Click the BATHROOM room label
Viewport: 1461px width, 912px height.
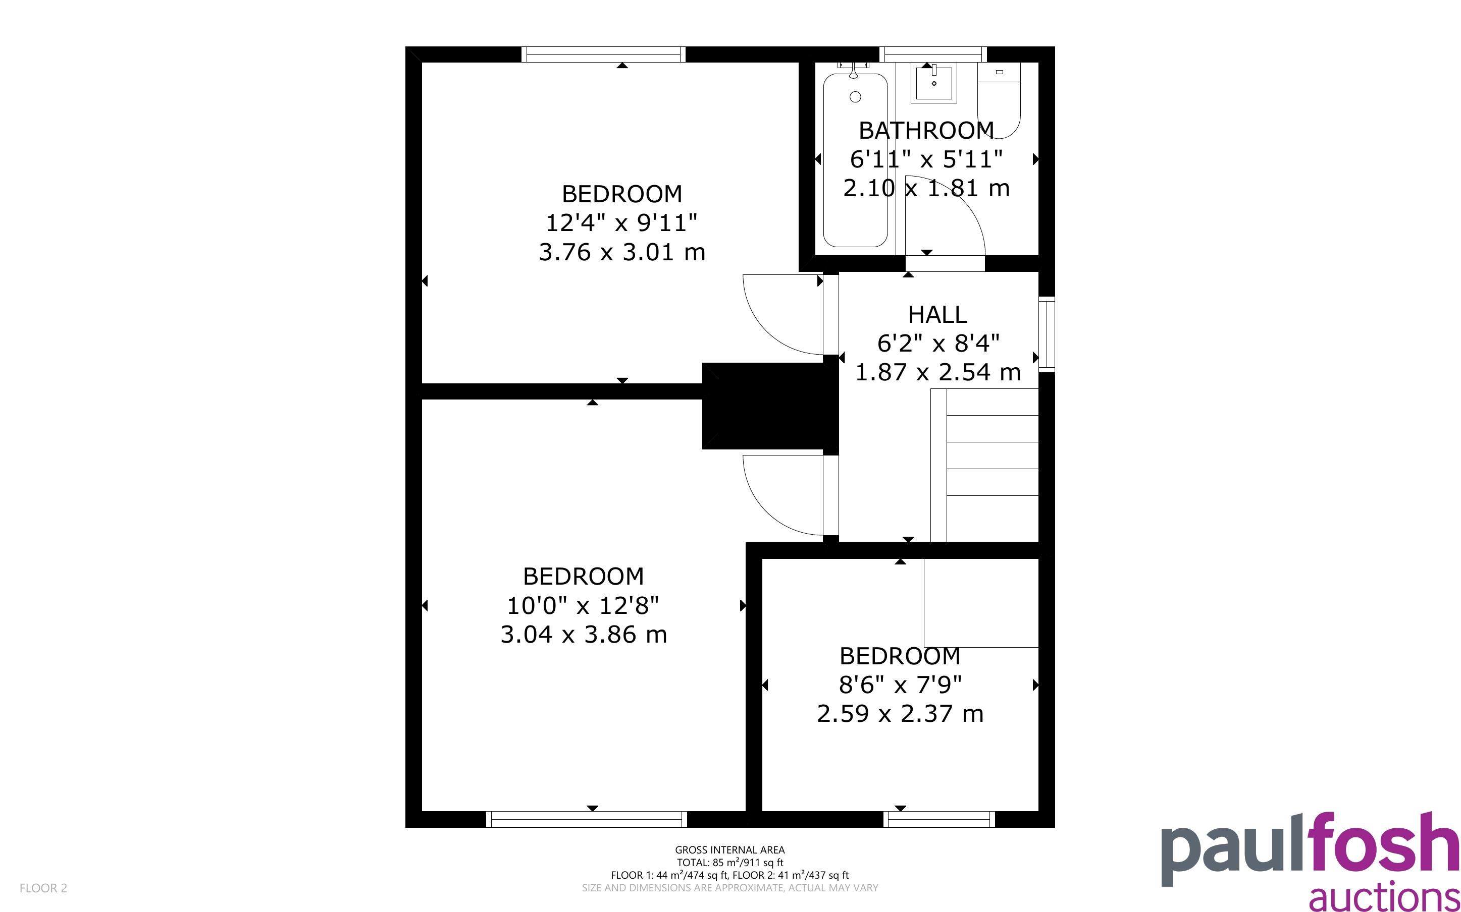click(926, 130)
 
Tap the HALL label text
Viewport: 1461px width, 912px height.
click(938, 314)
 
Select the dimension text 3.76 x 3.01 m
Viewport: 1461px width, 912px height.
click(622, 252)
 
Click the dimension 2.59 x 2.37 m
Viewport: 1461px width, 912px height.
click(900, 714)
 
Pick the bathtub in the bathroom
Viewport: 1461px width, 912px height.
click(855, 160)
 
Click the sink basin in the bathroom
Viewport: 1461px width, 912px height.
click(933, 83)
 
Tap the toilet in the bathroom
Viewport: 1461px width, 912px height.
click(999, 100)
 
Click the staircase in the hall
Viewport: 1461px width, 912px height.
click(984, 465)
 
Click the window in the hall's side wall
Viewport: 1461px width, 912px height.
click(1047, 334)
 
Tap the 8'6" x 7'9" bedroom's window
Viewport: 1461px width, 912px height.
click(939, 819)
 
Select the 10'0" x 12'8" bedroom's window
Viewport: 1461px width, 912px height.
click(587, 819)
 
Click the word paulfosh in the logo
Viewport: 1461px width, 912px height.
click(1310, 849)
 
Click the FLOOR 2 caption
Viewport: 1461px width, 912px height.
click(43, 888)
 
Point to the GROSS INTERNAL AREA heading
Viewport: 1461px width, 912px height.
click(729, 850)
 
